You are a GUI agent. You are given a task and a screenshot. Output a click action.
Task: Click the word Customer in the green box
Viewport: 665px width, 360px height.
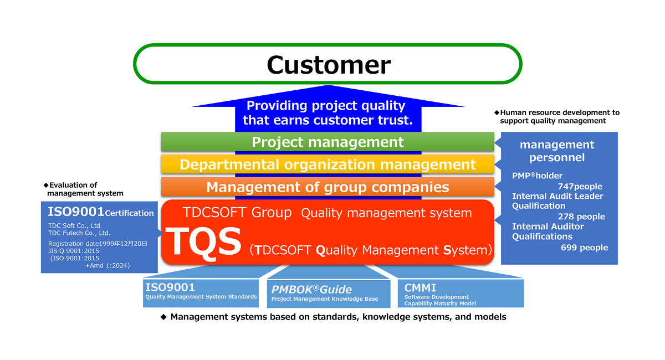[329, 65]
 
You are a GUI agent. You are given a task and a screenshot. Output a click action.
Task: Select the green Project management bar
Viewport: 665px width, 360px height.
[328, 142]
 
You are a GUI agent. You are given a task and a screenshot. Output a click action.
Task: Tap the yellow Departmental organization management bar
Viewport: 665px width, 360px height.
[328, 164]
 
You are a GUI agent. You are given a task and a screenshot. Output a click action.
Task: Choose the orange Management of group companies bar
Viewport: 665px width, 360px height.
[328, 187]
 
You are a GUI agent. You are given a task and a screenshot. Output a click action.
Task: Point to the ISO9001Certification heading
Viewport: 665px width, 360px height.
[100, 212]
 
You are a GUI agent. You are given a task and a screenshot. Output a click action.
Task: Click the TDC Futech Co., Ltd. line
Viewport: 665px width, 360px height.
[79, 233]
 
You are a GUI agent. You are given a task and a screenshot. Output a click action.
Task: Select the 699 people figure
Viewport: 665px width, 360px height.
[584, 248]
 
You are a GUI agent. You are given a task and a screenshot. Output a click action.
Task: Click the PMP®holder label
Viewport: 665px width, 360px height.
[537, 176]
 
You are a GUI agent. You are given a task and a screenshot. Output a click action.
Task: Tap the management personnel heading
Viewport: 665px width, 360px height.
[556, 151]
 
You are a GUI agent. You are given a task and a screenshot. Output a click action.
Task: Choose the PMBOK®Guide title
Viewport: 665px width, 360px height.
[311, 289]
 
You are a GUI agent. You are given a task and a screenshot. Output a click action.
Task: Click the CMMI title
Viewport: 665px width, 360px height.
[420, 287]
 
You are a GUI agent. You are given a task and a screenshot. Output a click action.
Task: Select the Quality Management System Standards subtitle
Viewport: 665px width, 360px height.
[201, 297]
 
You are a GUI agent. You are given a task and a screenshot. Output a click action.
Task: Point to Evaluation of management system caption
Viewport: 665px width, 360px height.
[85, 189]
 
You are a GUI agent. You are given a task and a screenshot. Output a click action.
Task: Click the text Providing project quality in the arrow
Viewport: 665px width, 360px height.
[326, 106]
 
